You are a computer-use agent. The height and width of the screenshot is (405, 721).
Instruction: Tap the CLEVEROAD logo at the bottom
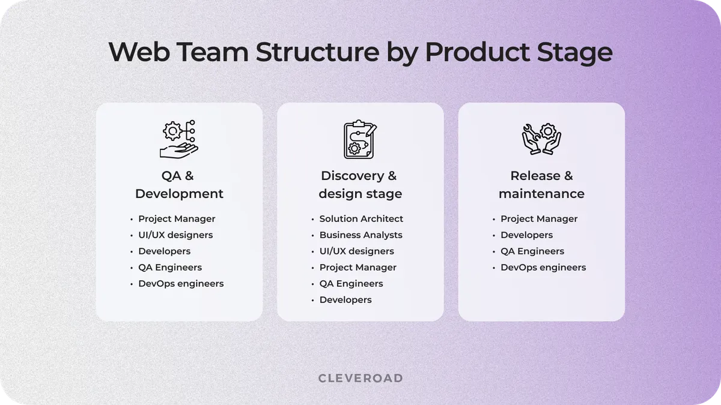[x=360, y=378]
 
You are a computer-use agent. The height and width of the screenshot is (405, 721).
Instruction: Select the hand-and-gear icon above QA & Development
[x=179, y=139]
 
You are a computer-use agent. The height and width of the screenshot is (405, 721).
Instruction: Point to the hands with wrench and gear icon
[x=541, y=139]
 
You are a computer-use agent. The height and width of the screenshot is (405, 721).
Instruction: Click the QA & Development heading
[x=179, y=185]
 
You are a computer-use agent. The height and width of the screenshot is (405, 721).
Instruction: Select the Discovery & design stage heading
[x=360, y=185]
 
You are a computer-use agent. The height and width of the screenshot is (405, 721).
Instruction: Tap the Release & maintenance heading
[x=541, y=185]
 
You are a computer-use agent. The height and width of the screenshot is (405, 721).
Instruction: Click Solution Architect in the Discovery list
[x=361, y=219]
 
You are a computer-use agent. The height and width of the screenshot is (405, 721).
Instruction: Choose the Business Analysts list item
[x=360, y=235]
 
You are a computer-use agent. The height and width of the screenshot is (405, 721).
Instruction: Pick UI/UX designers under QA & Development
[x=175, y=235]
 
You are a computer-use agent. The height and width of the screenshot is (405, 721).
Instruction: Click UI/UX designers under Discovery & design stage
[x=356, y=251]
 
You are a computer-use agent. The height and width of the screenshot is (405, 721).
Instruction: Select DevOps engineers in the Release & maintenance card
[x=543, y=268]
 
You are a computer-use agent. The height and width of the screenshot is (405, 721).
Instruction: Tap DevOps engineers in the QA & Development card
[x=181, y=284]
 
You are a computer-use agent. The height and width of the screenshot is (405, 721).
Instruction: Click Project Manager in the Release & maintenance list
[x=539, y=219]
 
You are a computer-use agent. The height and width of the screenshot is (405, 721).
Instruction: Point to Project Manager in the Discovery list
[x=357, y=268]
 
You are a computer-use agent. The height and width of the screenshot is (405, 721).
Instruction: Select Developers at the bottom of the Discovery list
[x=345, y=300]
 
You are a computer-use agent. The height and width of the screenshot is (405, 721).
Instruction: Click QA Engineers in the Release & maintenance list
[x=532, y=251]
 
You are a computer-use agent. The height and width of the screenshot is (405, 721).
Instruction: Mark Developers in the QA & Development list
[x=164, y=251]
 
